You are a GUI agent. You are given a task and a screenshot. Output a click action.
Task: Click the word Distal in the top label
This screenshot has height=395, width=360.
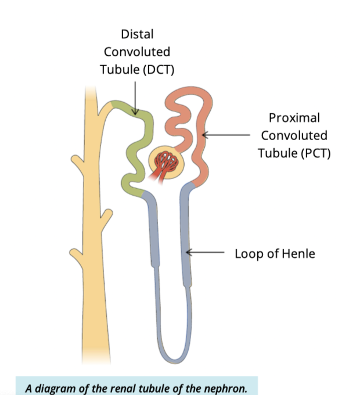(x=137, y=34)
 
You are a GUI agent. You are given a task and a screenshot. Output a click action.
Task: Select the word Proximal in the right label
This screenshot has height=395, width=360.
(x=294, y=118)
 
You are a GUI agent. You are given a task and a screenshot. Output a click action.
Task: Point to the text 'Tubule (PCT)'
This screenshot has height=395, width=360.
(x=294, y=153)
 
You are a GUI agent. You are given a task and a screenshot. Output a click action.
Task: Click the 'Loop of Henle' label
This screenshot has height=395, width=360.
(x=275, y=254)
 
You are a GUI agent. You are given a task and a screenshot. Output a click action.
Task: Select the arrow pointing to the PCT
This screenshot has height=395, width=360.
(x=226, y=135)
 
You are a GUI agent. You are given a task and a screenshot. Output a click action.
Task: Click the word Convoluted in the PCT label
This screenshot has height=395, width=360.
(x=294, y=135)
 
